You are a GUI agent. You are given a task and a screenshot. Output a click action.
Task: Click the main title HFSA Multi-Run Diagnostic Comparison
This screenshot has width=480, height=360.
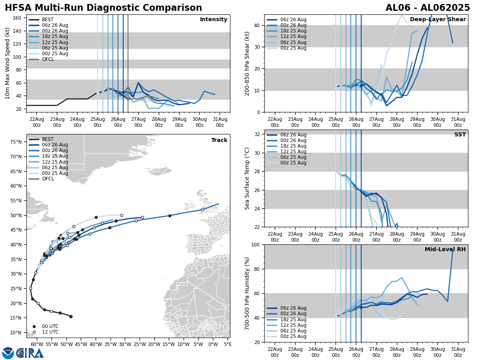(103, 8)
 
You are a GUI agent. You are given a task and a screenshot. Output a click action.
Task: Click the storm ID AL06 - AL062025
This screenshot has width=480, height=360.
(428, 8)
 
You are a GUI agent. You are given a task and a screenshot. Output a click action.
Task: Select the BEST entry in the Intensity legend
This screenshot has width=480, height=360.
(48, 20)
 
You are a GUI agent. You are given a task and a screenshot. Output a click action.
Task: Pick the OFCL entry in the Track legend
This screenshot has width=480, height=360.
(48, 179)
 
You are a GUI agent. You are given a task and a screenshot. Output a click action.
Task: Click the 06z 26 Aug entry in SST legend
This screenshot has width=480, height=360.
(293, 135)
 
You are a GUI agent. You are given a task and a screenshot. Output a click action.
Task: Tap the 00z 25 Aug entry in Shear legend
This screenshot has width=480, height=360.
(293, 48)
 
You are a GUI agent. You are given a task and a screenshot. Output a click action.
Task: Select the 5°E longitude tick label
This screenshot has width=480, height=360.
(228, 344)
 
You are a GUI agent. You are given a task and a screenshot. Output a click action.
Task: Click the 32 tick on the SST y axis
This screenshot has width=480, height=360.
(258, 134)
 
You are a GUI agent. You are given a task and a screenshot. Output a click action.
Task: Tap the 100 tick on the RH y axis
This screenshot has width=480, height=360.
(257, 244)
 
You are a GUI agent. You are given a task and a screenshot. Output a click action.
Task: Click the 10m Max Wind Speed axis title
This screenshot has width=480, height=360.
(7, 63)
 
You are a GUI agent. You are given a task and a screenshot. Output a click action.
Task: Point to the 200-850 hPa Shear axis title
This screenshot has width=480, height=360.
(247, 63)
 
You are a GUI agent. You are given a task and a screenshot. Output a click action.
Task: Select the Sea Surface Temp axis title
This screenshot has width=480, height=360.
(247, 178)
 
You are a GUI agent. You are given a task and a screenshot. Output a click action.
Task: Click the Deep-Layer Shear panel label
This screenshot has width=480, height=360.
(438, 20)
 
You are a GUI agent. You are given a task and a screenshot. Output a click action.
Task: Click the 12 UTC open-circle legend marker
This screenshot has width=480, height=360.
(34, 332)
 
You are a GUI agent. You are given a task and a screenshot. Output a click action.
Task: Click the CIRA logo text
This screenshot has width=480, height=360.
(30, 353)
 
